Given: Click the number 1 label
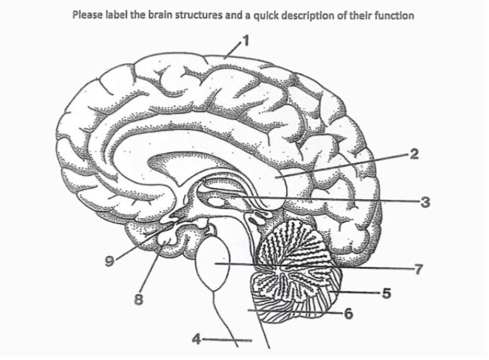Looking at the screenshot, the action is pos(247,43).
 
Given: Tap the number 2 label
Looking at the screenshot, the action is pos(413,153).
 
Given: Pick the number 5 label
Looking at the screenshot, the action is pos(387,293).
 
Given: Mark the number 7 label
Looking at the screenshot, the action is pos(417,268).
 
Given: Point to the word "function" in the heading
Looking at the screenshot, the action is pos(394,15).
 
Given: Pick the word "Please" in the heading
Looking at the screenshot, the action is pos(87,15).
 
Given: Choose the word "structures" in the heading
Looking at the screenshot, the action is pos(197,15).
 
